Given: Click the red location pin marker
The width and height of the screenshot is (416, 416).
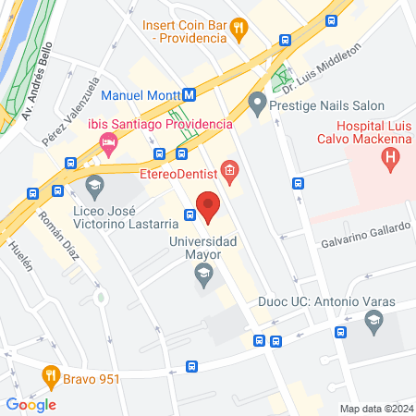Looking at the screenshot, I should [x=208, y=206].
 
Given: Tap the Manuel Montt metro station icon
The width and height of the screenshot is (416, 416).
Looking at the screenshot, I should [x=188, y=94].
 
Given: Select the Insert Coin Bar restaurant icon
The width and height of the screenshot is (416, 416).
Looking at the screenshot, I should [x=239, y=29].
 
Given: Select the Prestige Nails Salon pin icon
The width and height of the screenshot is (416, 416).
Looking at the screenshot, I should [x=257, y=104].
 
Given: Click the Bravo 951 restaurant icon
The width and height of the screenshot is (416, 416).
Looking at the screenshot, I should [x=52, y=375].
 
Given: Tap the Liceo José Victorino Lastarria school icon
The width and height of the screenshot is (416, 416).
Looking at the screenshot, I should [x=94, y=187].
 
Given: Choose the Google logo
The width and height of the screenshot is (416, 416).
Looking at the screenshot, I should [x=31, y=404].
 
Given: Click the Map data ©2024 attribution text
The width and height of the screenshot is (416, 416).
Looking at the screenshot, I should [x=374, y=409].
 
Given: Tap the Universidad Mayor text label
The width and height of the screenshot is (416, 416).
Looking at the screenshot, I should [x=203, y=247].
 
